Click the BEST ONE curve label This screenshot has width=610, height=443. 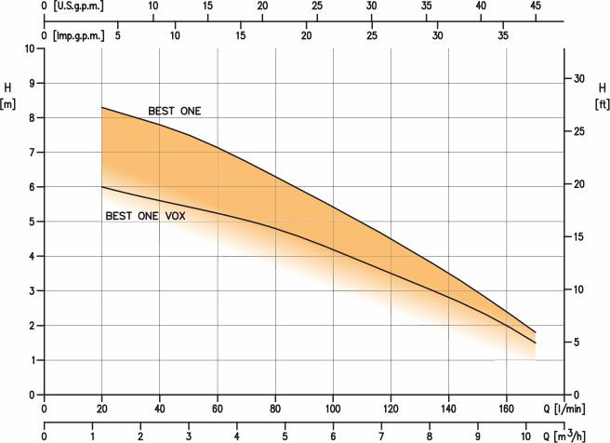175,112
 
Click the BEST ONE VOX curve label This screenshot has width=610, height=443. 145,216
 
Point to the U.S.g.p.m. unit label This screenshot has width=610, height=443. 78,7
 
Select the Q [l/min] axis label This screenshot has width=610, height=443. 564,409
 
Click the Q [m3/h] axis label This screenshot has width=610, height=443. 564,436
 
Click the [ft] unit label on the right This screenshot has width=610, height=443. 602,105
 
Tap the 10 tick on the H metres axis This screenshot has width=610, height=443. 30,48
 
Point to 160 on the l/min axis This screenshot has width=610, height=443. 506,409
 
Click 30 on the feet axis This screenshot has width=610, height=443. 579,78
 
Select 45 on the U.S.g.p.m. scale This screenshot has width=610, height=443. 536,6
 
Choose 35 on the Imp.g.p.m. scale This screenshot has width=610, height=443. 503,35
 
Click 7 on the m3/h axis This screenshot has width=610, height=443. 381,436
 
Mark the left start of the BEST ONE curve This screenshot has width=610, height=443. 102,107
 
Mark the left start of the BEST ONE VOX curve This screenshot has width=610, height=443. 102,187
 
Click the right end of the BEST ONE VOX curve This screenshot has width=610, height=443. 536,343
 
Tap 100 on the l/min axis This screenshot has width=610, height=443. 333,409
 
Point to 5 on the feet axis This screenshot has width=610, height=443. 577,342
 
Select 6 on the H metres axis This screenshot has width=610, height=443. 32,187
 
